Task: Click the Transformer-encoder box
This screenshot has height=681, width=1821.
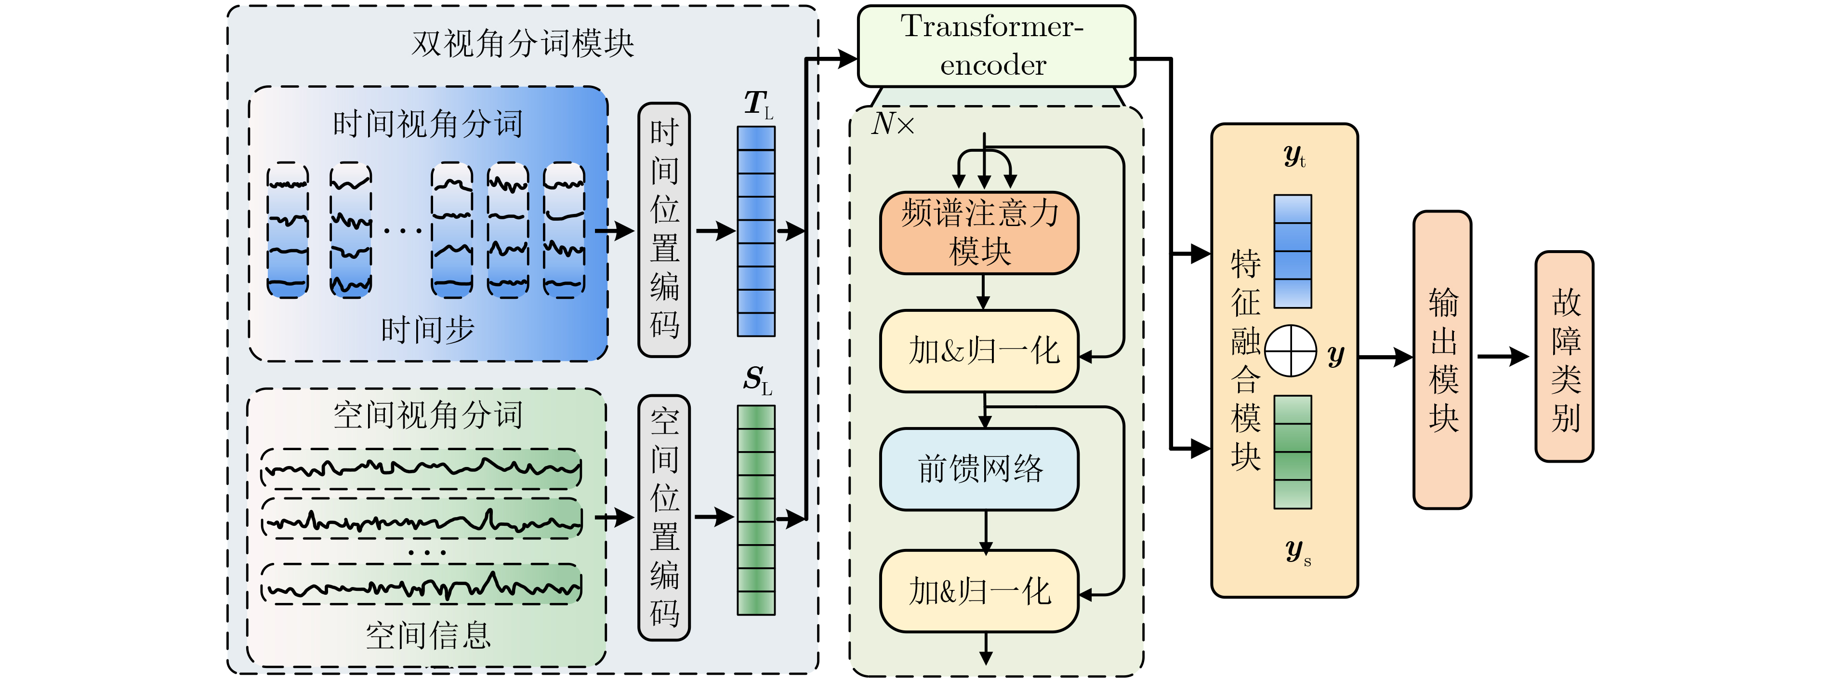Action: (x=995, y=46)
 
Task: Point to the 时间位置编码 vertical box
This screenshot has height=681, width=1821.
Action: (x=664, y=230)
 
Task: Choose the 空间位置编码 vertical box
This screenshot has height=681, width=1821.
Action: (x=664, y=518)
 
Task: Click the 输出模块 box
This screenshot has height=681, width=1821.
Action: (x=1442, y=359)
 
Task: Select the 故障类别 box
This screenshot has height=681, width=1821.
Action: (x=1564, y=357)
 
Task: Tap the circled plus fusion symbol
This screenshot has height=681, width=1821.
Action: (x=1290, y=351)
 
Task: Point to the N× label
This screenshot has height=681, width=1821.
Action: (x=892, y=124)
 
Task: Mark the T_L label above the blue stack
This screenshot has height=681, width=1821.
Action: (x=758, y=104)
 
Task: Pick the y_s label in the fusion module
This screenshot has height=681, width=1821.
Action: (x=1298, y=551)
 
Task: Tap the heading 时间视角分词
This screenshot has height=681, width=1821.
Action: (x=428, y=124)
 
